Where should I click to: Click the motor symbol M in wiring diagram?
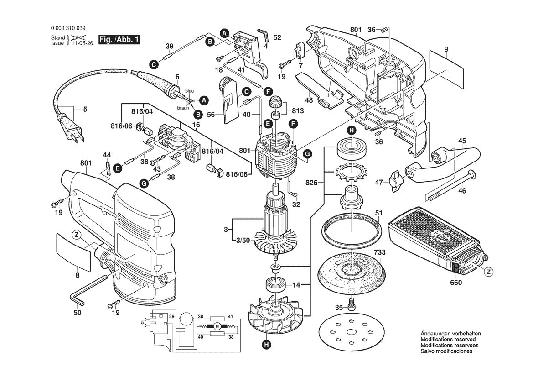coord(217,326)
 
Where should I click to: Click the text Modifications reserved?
coord(448,340)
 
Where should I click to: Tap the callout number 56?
coord(211,115)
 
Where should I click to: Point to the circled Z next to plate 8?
coord(76,236)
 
